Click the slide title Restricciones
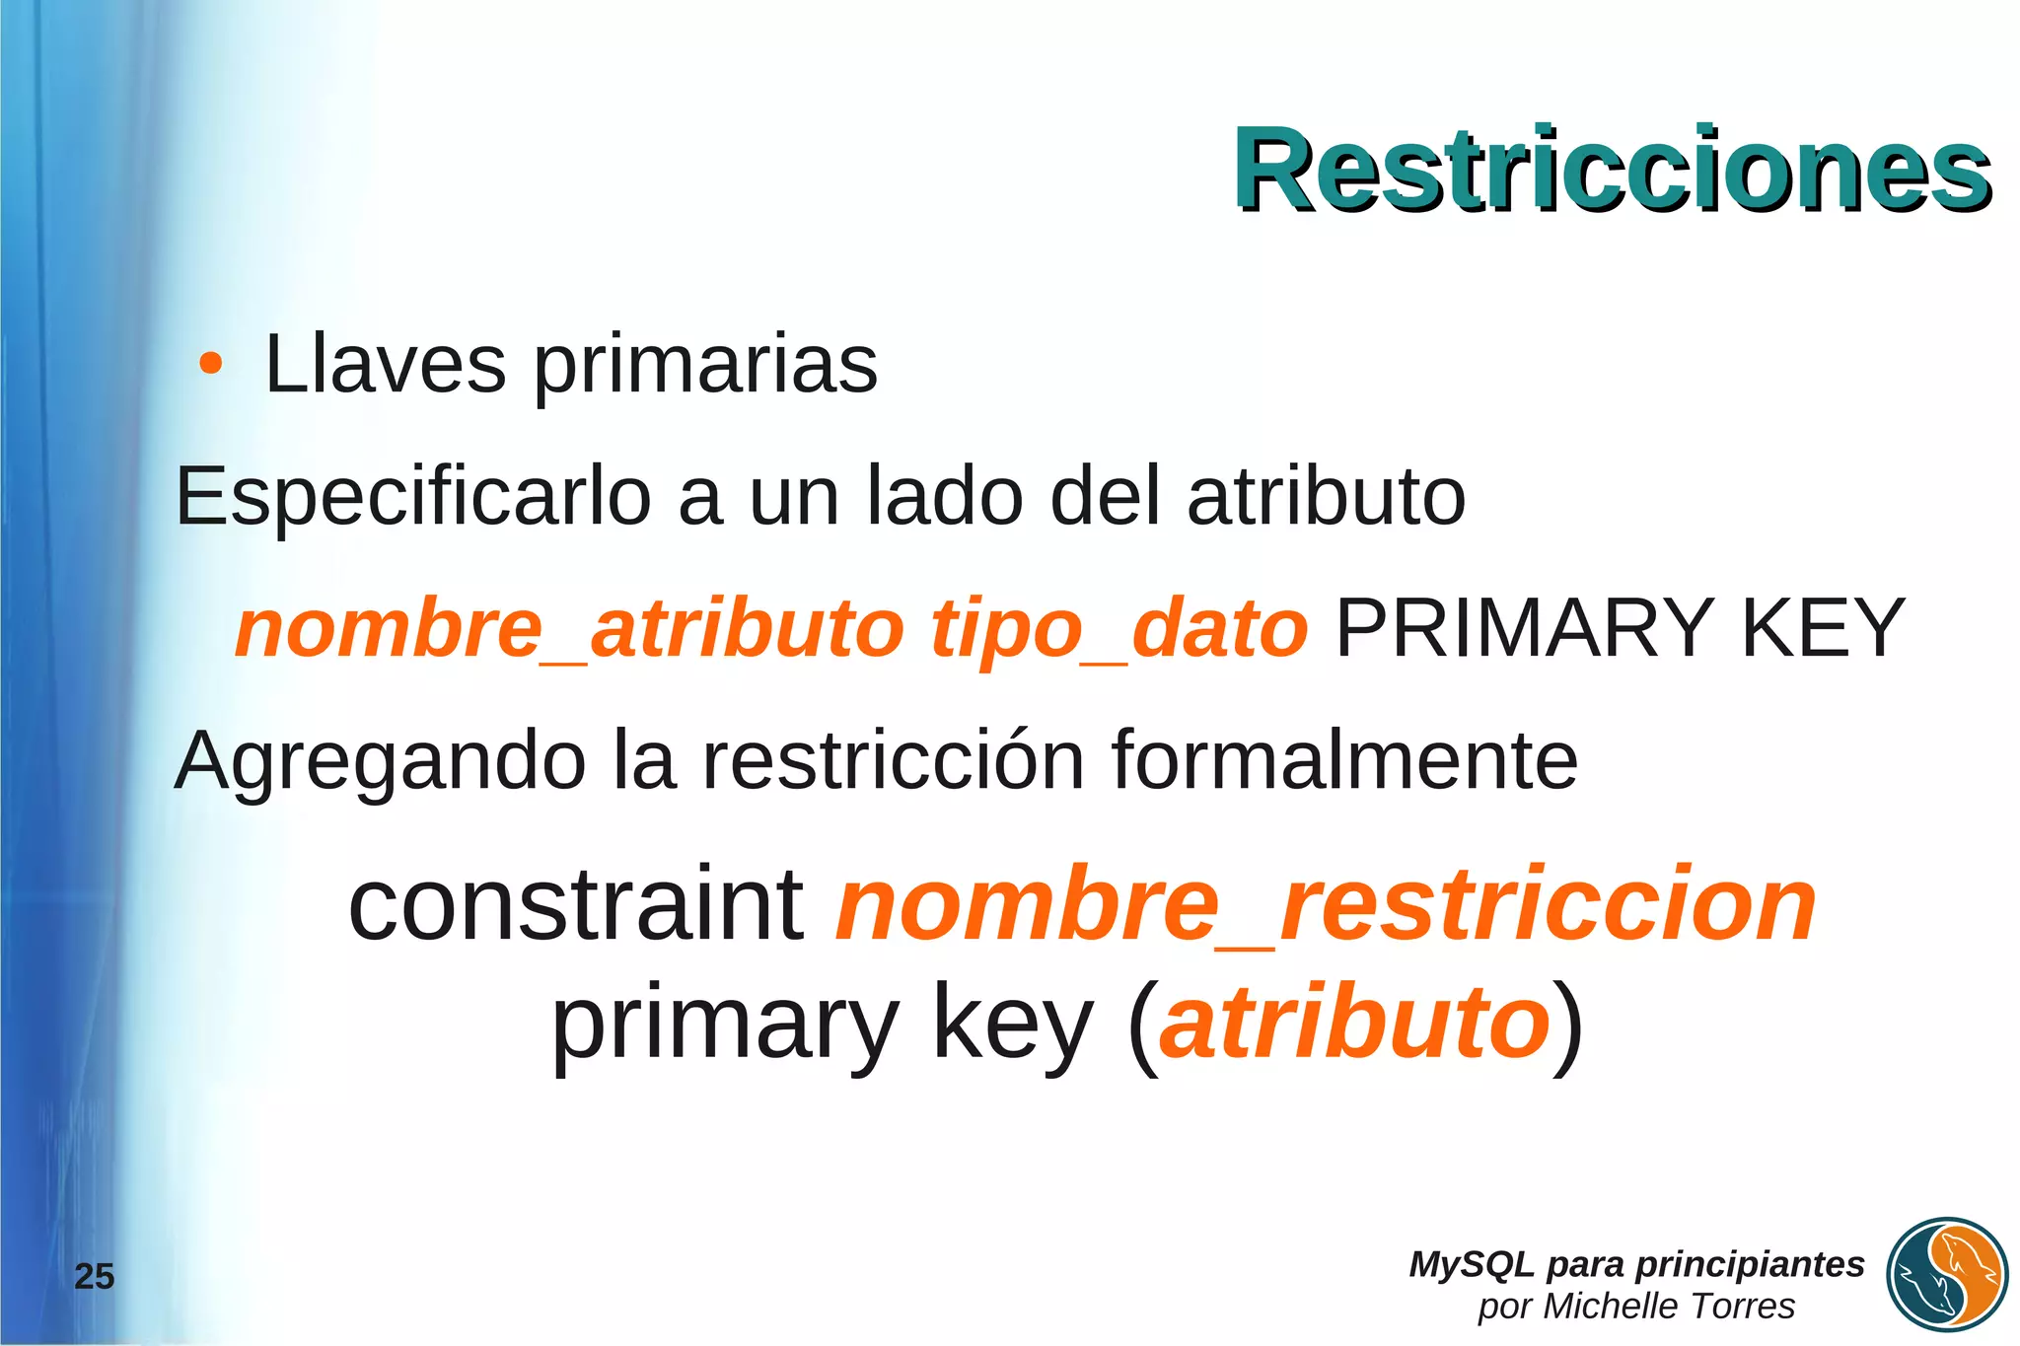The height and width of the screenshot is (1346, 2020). tap(1612, 170)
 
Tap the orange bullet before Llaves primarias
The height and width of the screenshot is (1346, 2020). tap(209, 364)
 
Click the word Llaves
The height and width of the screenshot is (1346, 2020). tap(386, 365)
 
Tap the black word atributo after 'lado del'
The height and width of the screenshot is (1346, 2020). tap(1326, 496)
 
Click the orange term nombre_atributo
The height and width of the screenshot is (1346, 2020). tap(569, 629)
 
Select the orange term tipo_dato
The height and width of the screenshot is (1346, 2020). tap(1119, 629)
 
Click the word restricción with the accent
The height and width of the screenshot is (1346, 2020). tap(893, 759)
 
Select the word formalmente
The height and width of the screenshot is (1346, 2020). tap(1344, 759)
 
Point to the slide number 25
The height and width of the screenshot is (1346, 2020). tap(95, 1276)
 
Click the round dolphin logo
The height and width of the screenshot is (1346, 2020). tap(1947, 1275)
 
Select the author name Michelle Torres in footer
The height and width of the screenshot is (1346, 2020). tap(1668, 1306)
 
